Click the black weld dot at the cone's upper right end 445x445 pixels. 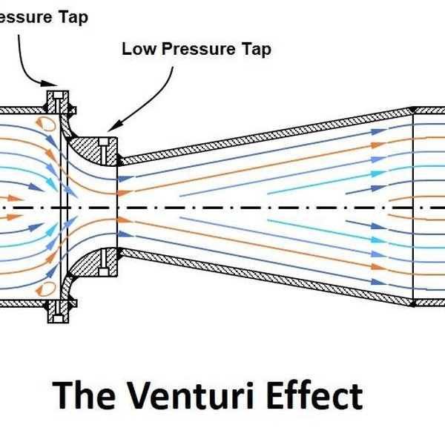click(x=412, y=109)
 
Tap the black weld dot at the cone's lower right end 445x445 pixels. click(x=412, y=303)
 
